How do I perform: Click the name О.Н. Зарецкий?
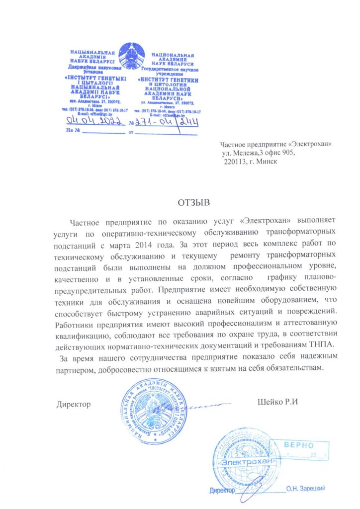(x=305, y=489)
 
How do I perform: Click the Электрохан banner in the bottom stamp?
(x=248, y=462)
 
